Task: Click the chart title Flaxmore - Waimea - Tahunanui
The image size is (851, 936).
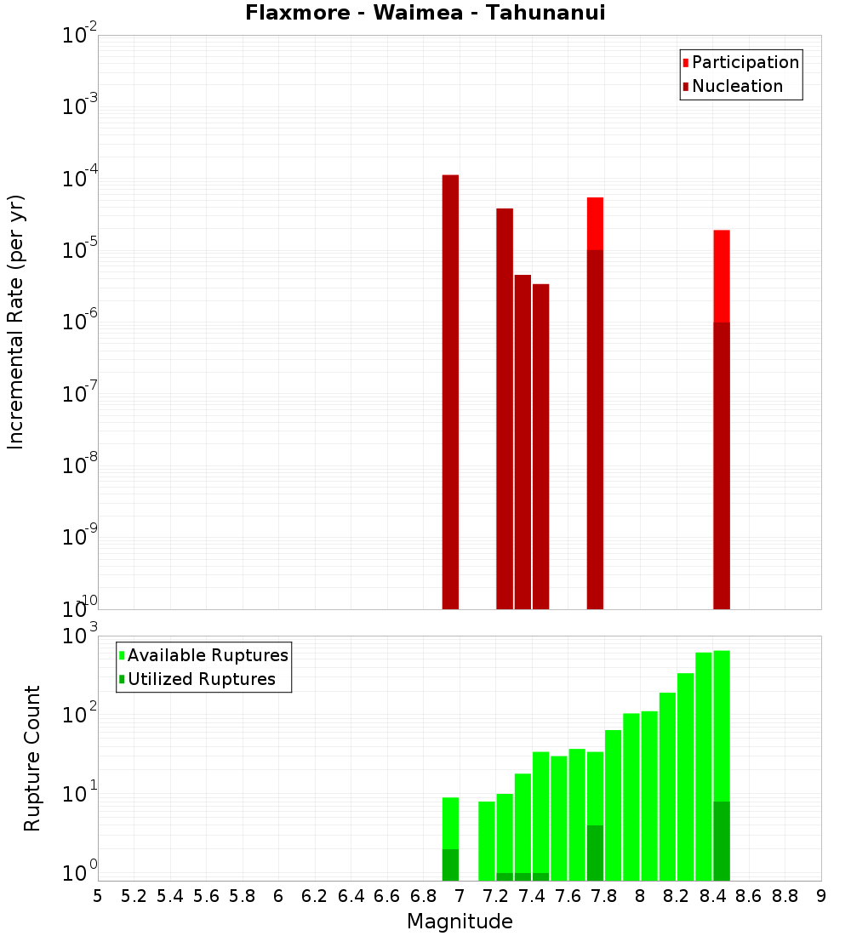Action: coord(425,13)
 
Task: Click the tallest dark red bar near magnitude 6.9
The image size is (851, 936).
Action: coord(450,391)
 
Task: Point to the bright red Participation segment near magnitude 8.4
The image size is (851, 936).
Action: coord(722,276)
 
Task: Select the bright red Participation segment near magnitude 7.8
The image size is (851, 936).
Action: coord(595,223)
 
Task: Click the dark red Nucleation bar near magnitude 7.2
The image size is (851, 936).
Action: coord(505,408)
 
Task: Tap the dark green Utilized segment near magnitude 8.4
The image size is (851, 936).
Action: coord(722,841)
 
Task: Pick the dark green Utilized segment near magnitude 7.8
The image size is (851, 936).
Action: coord(595,853)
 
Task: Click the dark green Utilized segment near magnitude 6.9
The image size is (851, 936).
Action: coord(450,865)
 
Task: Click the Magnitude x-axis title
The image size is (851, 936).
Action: coord(460,922)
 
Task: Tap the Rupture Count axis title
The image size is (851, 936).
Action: coord(32,757)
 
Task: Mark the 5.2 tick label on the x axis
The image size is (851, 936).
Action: coord(134,896)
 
